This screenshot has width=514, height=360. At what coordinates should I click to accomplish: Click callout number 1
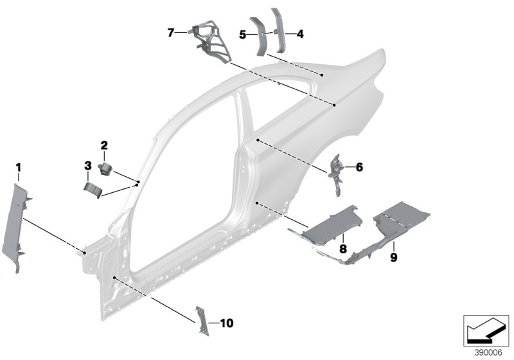click(19, 168)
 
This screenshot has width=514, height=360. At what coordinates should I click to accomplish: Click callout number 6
click(359, 167)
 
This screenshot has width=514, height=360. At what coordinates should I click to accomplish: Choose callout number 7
click(171, 32)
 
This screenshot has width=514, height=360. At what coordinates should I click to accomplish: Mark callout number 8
click(343, 248)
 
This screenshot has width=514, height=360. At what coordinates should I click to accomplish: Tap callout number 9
click(393, 257)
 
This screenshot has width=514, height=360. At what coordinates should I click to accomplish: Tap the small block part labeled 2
click(105, 168)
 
